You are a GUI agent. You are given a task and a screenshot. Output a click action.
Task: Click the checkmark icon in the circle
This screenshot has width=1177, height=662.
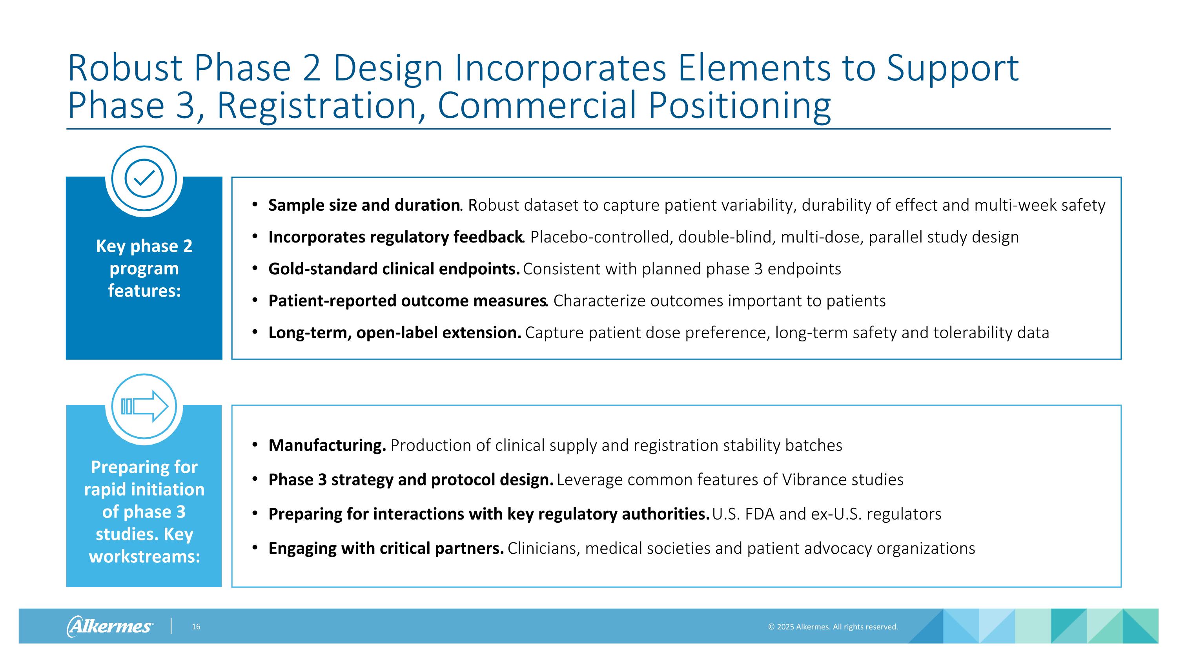tap(144, 178)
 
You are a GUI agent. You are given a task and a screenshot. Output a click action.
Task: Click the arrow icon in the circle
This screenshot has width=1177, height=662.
tap(144, 406)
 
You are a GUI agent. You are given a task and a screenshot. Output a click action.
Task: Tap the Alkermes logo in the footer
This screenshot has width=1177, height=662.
tap(110, 626)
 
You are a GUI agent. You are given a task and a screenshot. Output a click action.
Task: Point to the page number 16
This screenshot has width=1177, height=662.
tap(196, 626)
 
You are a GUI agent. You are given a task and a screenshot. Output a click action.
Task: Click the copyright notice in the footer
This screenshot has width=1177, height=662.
tap(833, 627)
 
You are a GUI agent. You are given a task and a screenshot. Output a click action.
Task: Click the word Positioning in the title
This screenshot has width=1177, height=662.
tap(739, 106)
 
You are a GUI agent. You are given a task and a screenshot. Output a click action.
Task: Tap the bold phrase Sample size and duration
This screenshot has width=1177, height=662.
tap(364, 205)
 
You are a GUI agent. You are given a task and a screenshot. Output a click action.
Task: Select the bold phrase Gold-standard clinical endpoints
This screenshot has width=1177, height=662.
tap(394, 269)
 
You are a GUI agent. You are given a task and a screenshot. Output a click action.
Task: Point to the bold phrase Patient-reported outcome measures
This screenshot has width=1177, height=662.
tap(407, 301)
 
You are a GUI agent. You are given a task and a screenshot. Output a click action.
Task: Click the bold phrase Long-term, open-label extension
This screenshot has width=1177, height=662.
tap(394, 333)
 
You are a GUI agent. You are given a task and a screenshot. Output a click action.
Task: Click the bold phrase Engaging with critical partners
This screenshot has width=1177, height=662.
tap(386, 548)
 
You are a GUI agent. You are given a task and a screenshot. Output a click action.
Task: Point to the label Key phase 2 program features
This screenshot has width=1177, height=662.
tap(144, 268)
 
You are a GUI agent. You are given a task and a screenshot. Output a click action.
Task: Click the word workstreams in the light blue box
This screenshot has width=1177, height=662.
tap(144, 556)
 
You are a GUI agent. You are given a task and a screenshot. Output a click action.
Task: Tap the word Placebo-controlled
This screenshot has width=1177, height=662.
tap(599, 237)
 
